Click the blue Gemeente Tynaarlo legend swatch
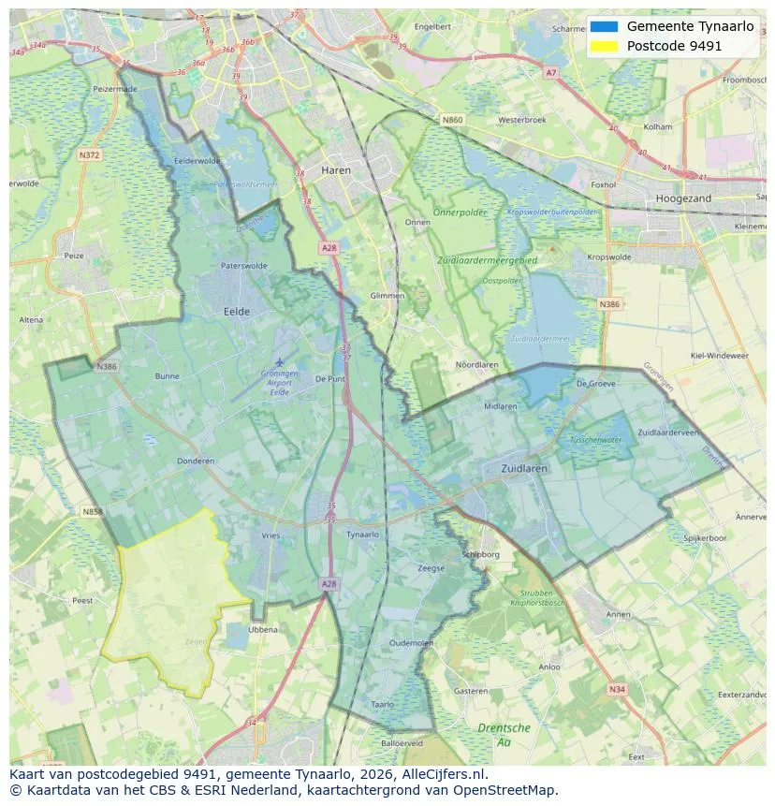pos(605,26)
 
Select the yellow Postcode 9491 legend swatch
pos(605,46)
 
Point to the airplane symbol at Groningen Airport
pos(279,361)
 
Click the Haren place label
pos(335,170)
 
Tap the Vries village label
pos(271,535)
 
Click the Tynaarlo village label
pos(362,535)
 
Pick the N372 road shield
pos(89,154)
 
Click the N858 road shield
pos(92,512)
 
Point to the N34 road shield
pos(616,689)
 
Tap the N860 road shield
pos(452,120)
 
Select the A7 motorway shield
pos(550,72)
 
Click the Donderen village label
pos(196,461)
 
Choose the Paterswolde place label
pos(243,266)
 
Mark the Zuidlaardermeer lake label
pos(541,339)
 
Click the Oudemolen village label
pos(412,642)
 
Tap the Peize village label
pos(73,255)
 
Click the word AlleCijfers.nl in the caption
pos(446,774)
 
